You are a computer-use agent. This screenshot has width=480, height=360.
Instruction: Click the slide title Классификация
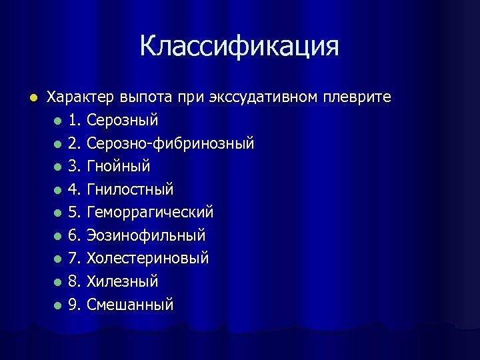[x=239, y=46]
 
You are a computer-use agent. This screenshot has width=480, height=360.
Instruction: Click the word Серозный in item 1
[x=123, y=121]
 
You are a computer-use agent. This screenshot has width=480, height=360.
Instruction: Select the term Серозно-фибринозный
[x=171, y=143]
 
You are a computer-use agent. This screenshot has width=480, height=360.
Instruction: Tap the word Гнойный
[x=119, y=166]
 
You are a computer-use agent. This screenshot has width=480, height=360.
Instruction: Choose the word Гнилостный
[x=130, y=189]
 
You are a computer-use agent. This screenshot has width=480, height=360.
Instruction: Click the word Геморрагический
[x=150, y=212]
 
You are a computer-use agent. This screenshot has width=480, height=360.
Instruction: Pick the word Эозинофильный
[x=146, y=235]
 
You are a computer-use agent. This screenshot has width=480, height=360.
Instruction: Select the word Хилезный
[x=123, y=281]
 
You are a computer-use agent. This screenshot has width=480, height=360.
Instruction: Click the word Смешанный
[x=130, y=305]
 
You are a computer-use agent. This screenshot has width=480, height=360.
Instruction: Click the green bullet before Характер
[x=27, y=98]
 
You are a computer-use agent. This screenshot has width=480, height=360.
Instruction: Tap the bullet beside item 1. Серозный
[x=59, y=121]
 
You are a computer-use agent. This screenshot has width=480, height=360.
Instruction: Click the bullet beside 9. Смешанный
[x=59, y=305]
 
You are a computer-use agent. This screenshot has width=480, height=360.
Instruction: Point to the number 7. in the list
[x=75, y=258]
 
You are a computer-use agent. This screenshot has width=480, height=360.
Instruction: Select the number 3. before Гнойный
[x=75, y=166]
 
